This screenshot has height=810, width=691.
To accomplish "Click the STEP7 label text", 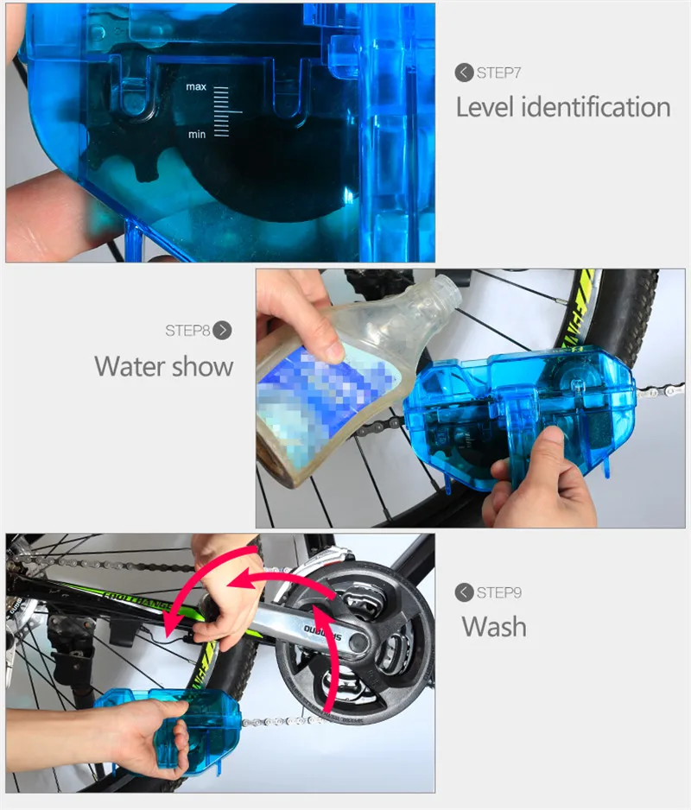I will (498, 73).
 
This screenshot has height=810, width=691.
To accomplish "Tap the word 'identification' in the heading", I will (596, 108).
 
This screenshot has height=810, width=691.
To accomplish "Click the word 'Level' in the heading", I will (485, 108).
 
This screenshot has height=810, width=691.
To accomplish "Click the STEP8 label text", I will (187, 330).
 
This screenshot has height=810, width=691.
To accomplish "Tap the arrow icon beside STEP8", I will (223, 330).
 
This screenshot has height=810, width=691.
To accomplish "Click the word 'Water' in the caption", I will (134, 365).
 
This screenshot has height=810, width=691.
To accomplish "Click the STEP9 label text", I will (498, 592).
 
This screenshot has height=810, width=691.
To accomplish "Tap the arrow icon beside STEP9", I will (464, 592).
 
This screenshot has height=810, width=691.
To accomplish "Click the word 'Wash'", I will (493, 626).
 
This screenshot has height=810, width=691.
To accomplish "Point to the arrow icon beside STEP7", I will (464, 73).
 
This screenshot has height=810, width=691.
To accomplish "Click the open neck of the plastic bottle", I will (448, 292).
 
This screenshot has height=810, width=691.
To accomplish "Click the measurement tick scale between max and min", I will (221, 111).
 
